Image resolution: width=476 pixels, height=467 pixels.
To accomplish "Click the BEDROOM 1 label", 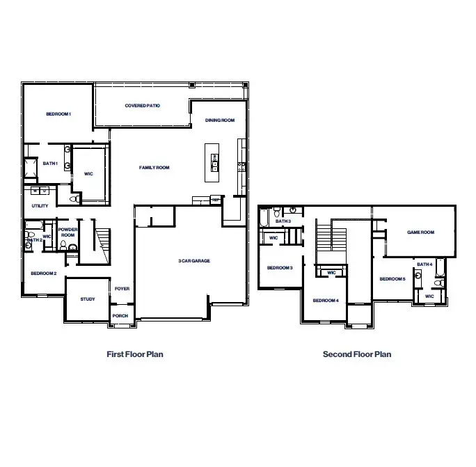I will [58, 113].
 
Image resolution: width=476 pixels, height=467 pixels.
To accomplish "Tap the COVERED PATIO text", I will [143, 106].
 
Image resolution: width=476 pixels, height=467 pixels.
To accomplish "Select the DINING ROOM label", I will [220, 120].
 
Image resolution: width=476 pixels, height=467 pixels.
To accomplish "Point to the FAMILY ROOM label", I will [154, 168].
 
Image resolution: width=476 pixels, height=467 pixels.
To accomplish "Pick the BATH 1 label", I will [50, 164].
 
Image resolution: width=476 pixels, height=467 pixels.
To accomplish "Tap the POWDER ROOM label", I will [68, 232].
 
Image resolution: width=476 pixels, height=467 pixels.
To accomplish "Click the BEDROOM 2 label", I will [43, 273].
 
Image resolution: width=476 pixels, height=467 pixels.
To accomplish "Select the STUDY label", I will [88, 299].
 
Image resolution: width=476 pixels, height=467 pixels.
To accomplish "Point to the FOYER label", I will [122, 289].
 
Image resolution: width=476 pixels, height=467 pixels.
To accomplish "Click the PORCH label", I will [120, 315].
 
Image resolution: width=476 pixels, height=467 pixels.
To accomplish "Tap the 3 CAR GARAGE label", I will [194, 261].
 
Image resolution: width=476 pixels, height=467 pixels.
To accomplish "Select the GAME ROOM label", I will [420, 232].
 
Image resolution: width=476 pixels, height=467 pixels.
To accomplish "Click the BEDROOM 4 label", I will [325, 300].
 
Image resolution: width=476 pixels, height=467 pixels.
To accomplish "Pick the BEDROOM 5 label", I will [392, 279].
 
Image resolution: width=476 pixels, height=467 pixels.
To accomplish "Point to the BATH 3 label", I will [283, 221].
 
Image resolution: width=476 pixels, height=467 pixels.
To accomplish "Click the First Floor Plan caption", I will [135, 354].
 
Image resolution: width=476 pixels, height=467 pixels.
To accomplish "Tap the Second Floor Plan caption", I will [356, 354].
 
